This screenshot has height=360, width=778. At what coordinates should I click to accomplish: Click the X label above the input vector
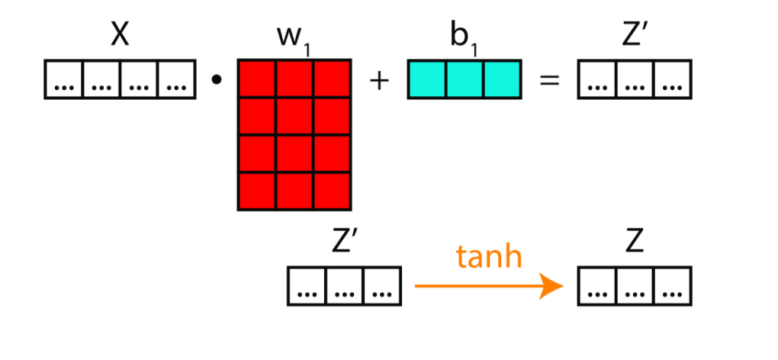(x=119, y=35)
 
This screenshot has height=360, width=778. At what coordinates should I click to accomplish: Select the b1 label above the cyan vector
(x=462, y=38)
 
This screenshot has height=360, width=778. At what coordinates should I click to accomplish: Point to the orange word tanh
(x=489, y=257)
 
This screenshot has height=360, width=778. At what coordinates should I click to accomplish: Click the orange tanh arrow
(x=488, y=287)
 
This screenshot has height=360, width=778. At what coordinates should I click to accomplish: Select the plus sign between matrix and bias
(x=378, y=80)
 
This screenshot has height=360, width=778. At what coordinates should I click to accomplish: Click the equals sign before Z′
(x=549, y=80)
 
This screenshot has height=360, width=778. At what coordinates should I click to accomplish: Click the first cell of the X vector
(x=64, y=79)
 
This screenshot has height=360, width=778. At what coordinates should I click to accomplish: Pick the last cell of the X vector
(x=175, y=79)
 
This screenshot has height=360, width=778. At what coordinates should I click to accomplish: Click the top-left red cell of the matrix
(x=257, y=79)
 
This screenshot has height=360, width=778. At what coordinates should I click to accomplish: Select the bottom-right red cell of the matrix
(x=332, y=191)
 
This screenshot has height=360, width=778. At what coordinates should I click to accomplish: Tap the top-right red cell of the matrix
(x=332, y=79)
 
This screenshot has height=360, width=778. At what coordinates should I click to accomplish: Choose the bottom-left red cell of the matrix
(x=257, y=191)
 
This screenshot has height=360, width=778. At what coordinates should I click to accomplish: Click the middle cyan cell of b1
(x=464, y=79)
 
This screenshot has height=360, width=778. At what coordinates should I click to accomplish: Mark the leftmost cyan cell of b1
(x=426, y=79)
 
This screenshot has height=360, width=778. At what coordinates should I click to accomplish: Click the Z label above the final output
(x=635, y=243)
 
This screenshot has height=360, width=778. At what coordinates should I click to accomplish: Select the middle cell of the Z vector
(x=635, y=287)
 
